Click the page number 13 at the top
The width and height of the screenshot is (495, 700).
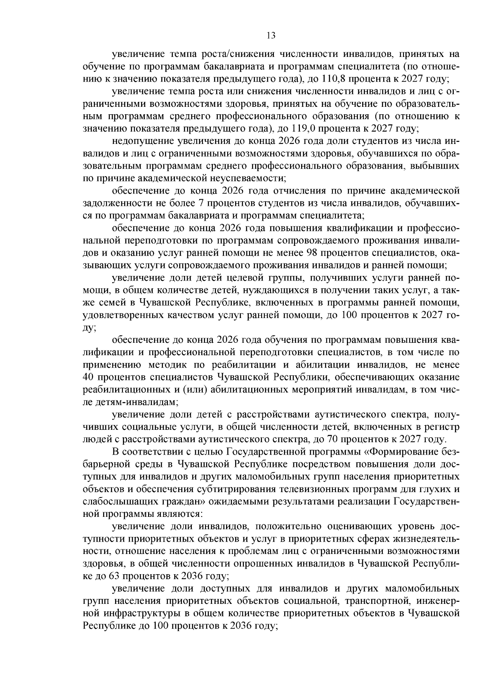(271, 35)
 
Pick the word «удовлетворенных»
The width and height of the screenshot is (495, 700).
(117, 316)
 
